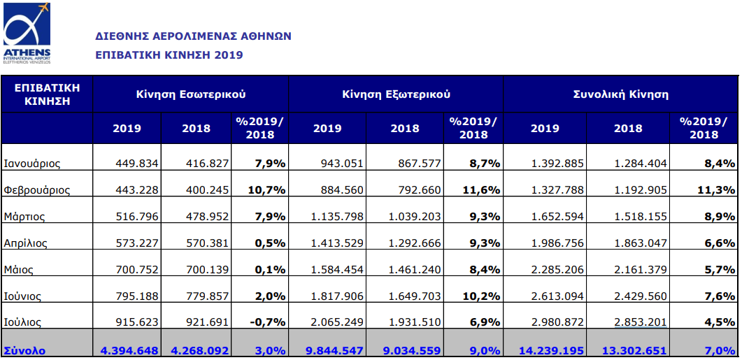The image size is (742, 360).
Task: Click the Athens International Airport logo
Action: (27, 34)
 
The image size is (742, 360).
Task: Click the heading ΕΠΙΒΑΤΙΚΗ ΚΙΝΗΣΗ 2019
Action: (169, 55)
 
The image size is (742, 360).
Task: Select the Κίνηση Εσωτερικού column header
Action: (190, 93)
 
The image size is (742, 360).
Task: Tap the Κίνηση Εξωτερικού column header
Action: (396, 93)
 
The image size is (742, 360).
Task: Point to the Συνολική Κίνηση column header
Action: (620, 93)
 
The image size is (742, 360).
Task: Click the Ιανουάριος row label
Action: (32, 164)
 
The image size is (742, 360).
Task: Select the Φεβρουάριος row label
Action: (36, 189)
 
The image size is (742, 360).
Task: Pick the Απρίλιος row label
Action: (27, 243)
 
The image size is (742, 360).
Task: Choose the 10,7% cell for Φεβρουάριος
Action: (269, 189)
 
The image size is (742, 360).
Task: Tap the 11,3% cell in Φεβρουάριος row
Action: (718, 189)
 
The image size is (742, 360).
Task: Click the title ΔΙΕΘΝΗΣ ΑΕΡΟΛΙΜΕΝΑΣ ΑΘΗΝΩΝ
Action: (193, 36)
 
